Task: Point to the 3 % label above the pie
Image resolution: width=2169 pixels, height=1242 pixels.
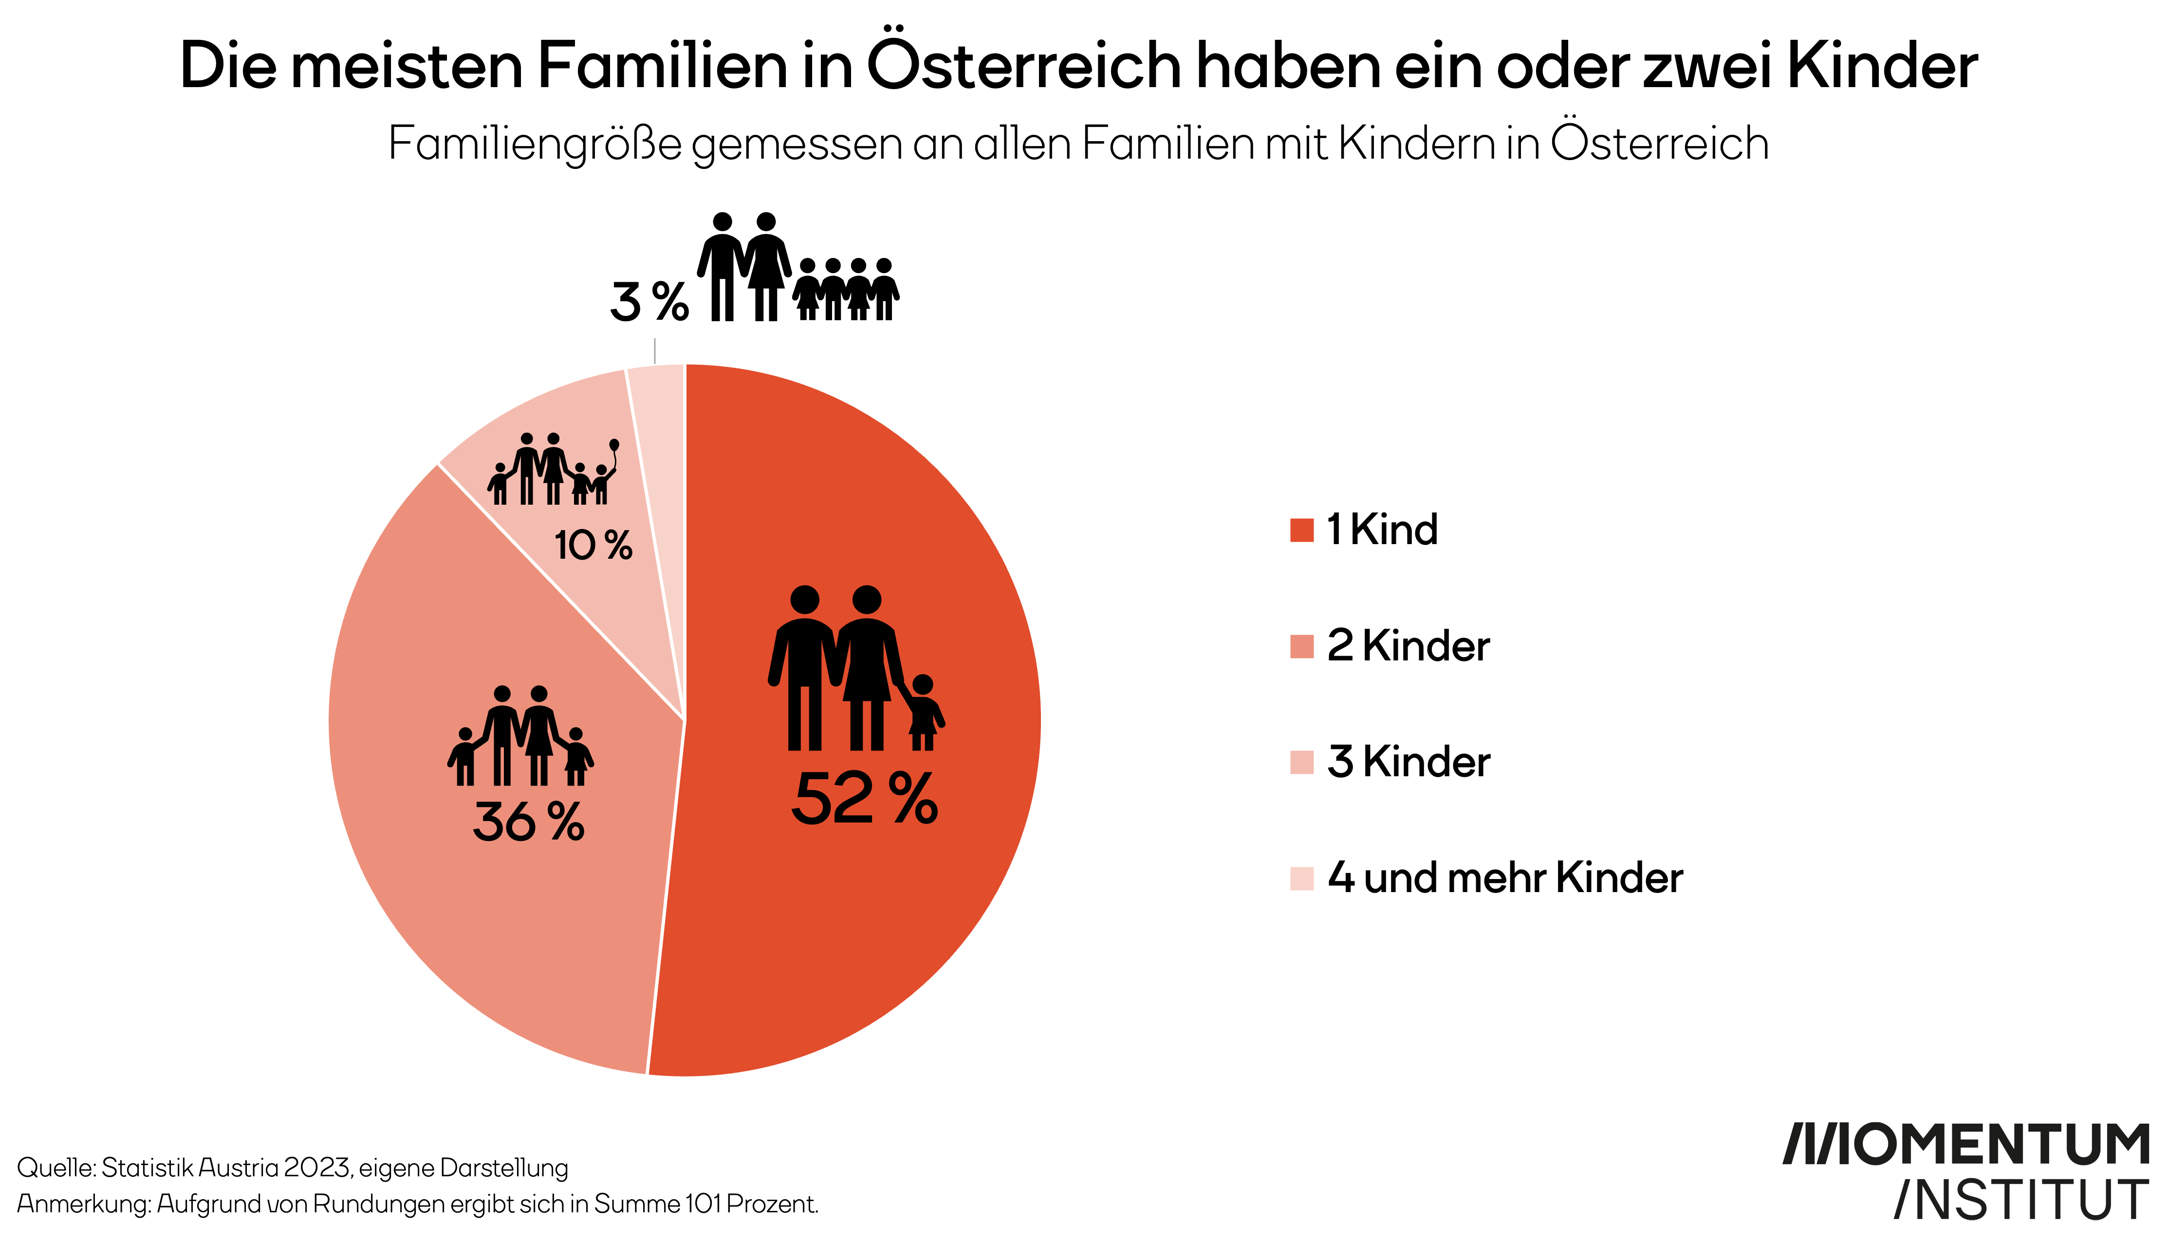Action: pyautogui.click(x=649, y=302)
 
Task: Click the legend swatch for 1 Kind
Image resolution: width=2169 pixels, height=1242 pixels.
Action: pyautogui.click(x=1301, y=530)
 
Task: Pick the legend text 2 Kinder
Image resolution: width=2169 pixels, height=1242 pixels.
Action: pyautogui.click(x=1408, y=646)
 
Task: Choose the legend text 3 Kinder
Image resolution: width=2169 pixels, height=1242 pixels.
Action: pyautogui.click(x=1408, y=762)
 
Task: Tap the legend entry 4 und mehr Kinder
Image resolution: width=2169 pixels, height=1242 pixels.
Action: pyautogui.click(x=1504, y=878)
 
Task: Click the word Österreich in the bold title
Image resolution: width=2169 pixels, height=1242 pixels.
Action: pyautogui.click(x=1024, y=66)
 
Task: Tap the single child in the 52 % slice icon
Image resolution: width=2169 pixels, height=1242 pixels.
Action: pyautogui.click(x=923, y=712)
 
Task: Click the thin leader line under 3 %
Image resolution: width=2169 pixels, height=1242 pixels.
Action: pyautogui.click(x=654, y=351)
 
